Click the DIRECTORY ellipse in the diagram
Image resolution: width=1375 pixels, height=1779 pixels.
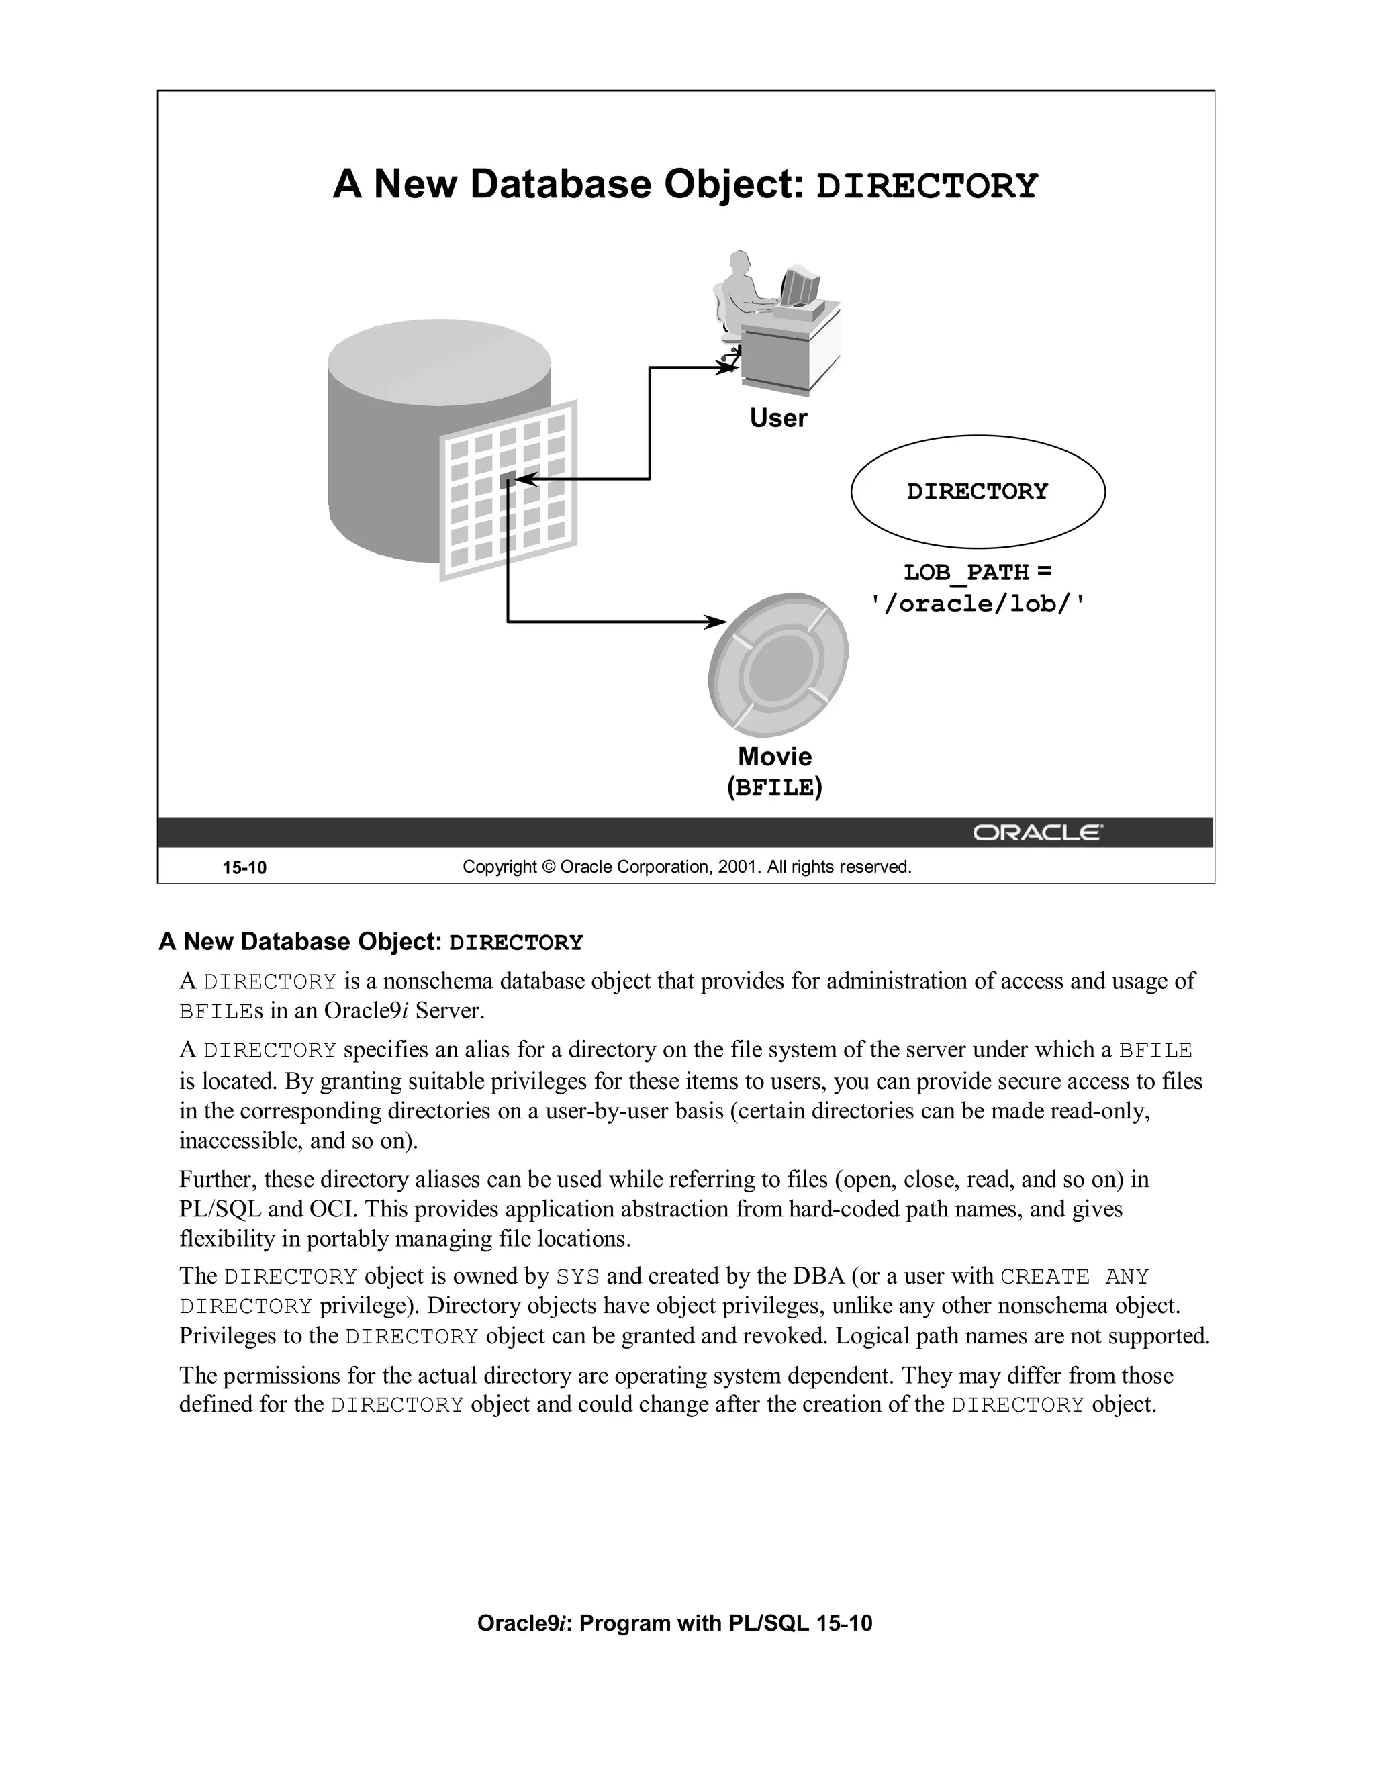(978, 491)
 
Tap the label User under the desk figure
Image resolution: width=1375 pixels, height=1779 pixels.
(778, 418)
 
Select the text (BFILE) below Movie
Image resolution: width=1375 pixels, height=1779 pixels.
(775, 787)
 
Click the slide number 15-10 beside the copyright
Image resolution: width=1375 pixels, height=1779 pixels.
(244, 867)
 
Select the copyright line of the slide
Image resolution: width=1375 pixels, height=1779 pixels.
(687, 867)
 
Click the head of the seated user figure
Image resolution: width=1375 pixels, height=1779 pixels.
(739, 262)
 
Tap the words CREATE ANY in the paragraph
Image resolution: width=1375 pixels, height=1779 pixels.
(1074, 1276)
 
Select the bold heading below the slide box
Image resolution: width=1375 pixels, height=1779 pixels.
(371, 942)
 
